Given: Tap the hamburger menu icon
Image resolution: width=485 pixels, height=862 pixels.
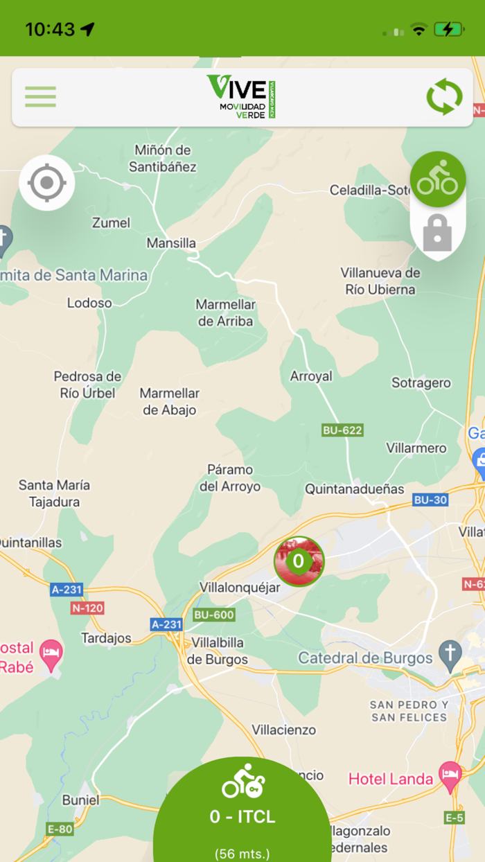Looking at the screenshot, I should click(40, 96).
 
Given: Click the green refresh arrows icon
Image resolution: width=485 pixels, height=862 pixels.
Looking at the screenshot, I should click(444, 97).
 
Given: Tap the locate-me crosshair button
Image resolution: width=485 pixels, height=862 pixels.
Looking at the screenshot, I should click(46, 183).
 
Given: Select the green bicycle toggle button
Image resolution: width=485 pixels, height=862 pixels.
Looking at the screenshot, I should click(437, 179).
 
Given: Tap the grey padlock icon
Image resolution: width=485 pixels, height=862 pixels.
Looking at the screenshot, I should click(437, 234).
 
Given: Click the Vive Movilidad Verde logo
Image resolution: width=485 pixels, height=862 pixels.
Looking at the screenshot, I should click(242, 96).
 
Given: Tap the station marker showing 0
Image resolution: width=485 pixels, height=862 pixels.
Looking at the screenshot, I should click(299, 561).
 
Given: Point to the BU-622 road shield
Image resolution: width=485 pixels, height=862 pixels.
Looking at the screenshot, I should click(342, 430).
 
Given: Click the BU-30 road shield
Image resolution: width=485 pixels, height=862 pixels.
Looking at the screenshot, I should click(430, 500).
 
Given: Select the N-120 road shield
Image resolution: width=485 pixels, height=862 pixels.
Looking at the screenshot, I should click(87, 608).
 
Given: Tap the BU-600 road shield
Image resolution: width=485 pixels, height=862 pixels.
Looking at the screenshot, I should click(214, 615).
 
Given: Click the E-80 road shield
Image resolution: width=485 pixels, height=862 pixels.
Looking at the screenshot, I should click(60, 829).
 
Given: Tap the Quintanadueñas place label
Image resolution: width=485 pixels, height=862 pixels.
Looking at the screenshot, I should click(355, 489).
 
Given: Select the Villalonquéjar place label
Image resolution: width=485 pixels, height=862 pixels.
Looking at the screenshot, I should click(240, 588).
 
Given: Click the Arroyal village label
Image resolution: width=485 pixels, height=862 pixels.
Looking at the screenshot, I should click(311, 376).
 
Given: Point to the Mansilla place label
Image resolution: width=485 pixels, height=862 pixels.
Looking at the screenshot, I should click(171, 243).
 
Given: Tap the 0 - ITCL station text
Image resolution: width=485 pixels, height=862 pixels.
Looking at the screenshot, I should click(242, 817).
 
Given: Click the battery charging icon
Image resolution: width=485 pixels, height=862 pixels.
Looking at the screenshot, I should click(448, 29).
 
